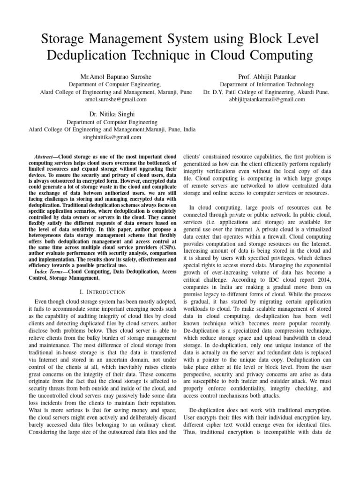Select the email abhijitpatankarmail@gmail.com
266,99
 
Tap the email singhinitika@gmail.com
112,137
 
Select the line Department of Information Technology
266,84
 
